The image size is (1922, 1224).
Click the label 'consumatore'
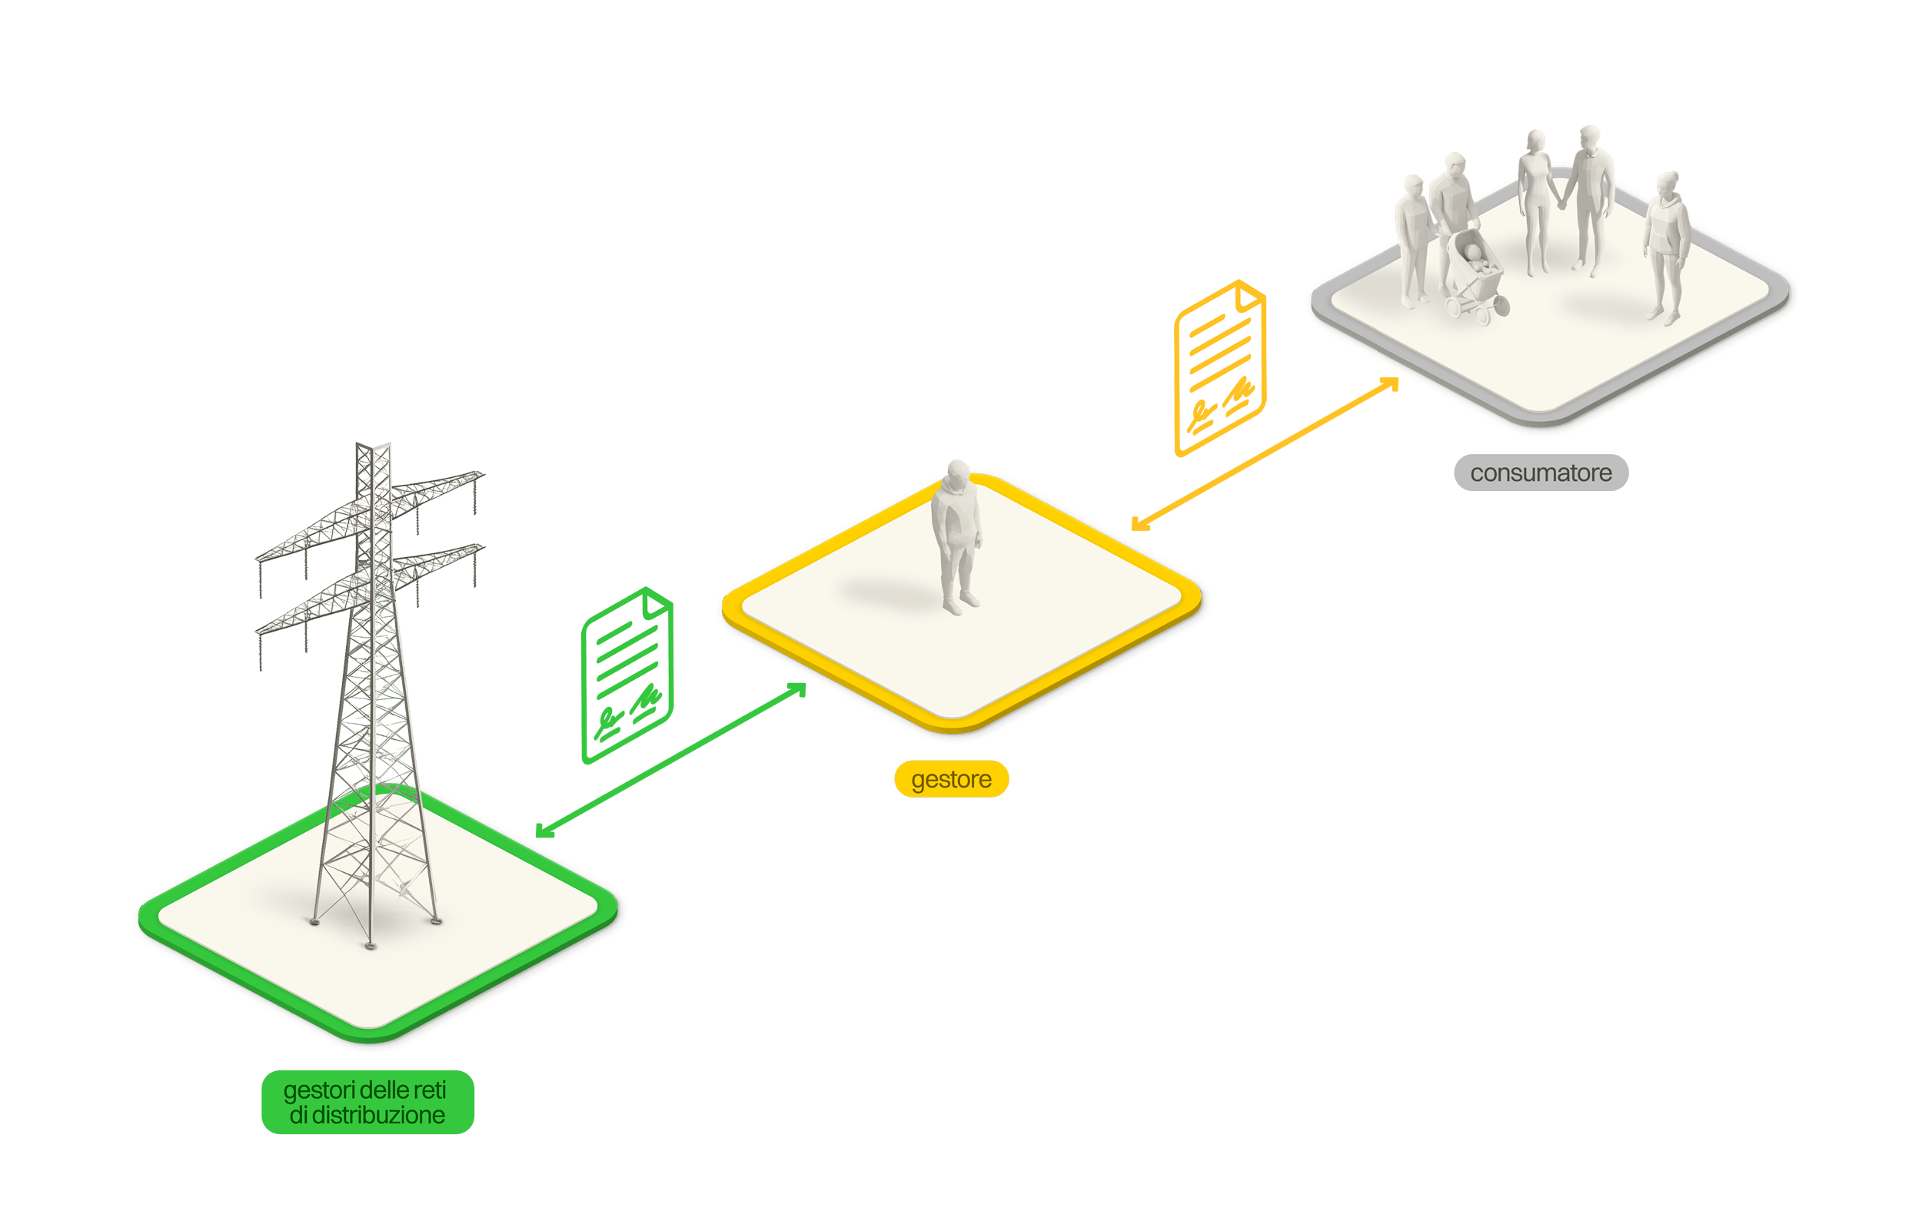click(x=1541, y=473)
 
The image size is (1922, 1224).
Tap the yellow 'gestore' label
click(x=951, y=779)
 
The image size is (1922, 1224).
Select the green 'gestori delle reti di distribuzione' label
click(x=367, y=1102)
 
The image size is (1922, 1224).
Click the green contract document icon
click(x=627, y=675)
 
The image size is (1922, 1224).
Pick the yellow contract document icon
click(x=1219, y=368)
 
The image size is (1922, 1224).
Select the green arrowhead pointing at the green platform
click(x=542, y=831)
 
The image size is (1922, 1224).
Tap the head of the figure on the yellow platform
click(x=958, y=470)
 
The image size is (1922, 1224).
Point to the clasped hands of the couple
click(x=1562, y=204)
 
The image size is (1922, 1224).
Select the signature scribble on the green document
click(x=647, y=700)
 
